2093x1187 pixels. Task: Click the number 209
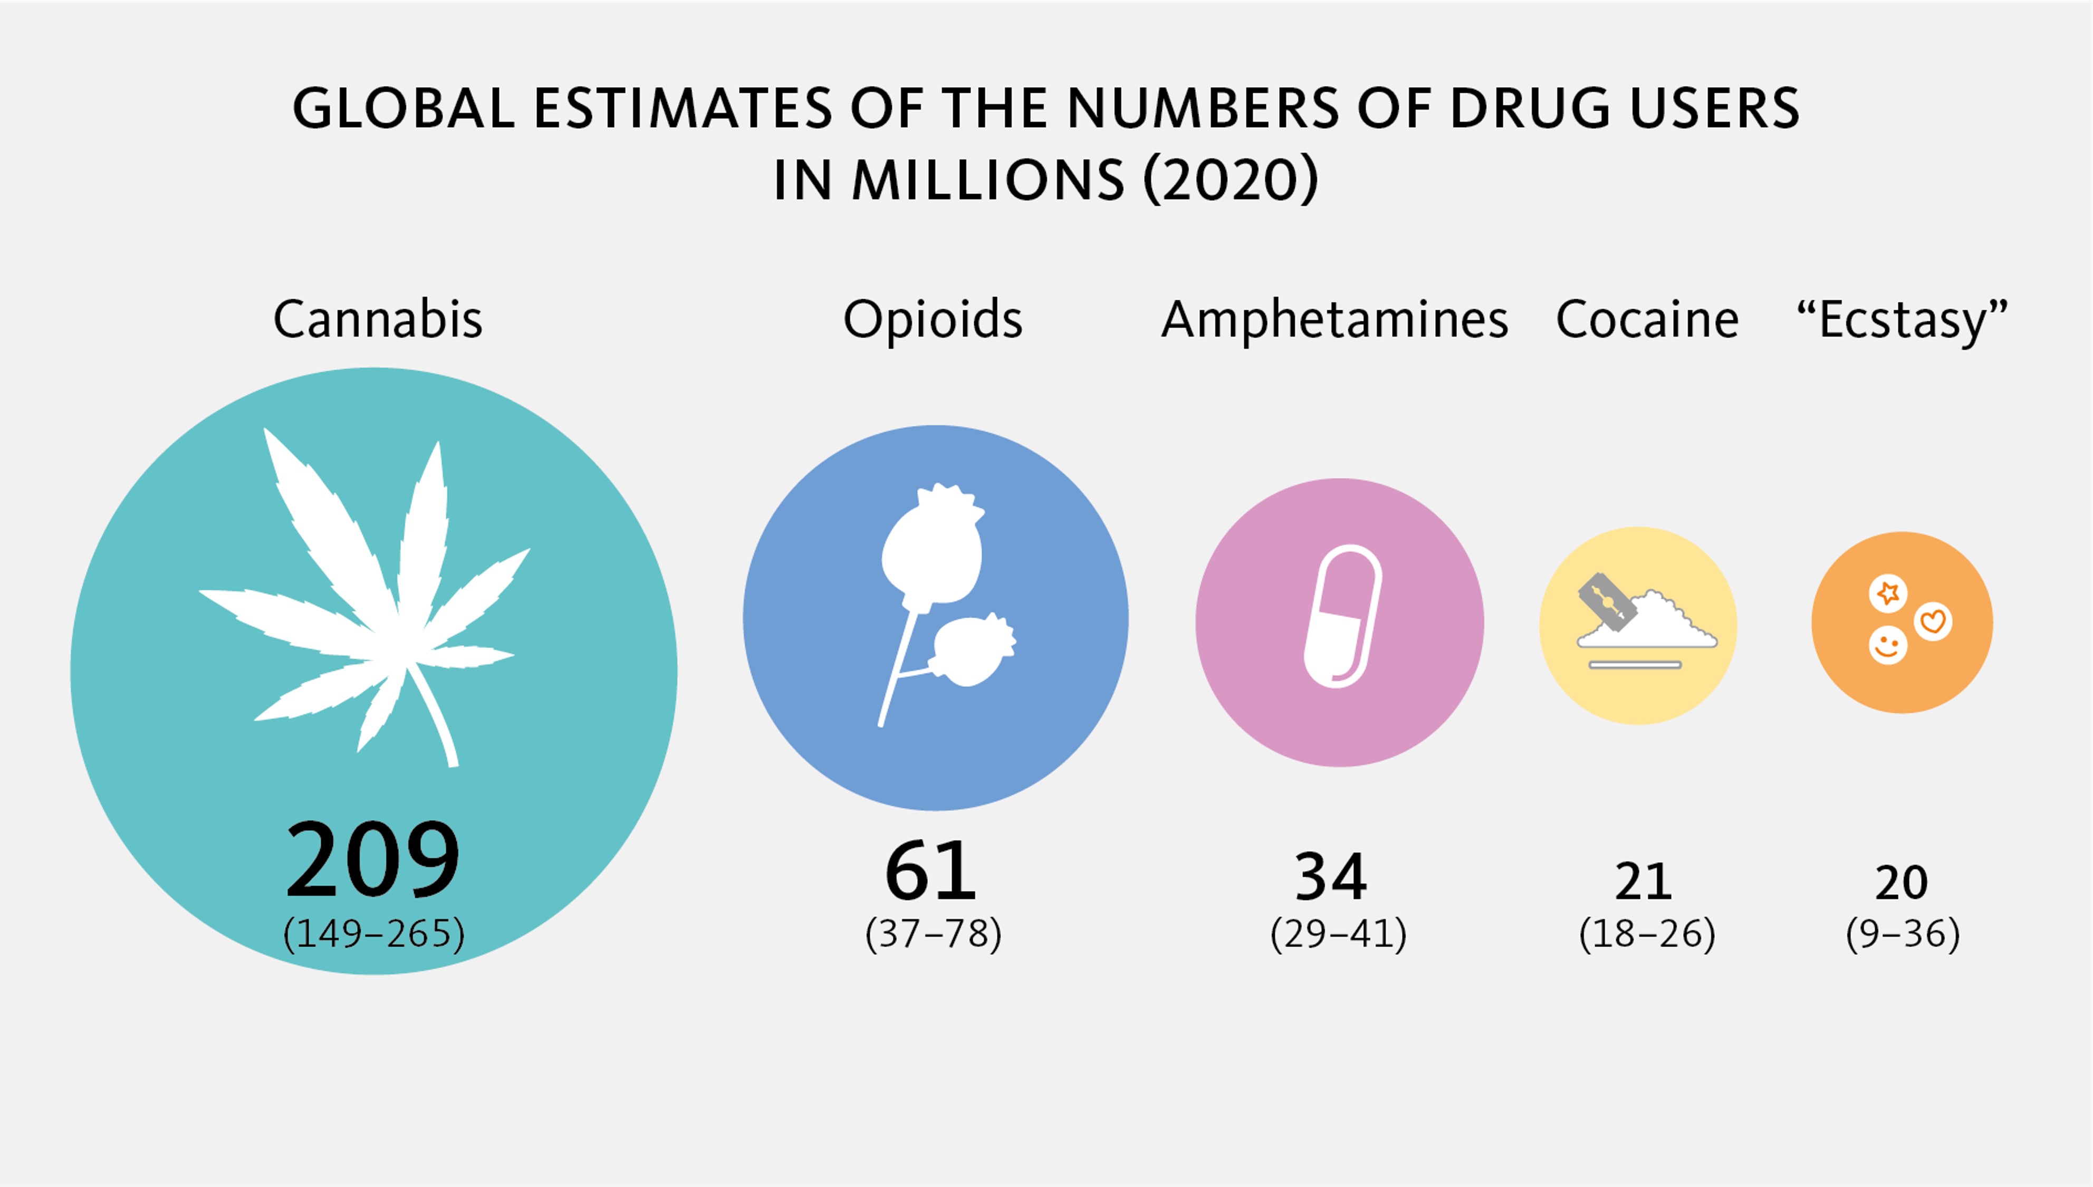pos(373,859)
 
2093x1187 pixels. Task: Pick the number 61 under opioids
pos(931,870)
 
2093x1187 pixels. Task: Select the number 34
pos(1331,876)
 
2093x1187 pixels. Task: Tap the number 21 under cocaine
pos(1643,882)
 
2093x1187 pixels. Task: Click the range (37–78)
pos(933,933)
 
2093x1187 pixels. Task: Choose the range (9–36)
pos(1902,933)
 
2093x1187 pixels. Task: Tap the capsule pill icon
pos(1341,616)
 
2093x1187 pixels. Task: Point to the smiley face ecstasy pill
pos(1888,646)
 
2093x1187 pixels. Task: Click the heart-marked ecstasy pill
pos(1933,622)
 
